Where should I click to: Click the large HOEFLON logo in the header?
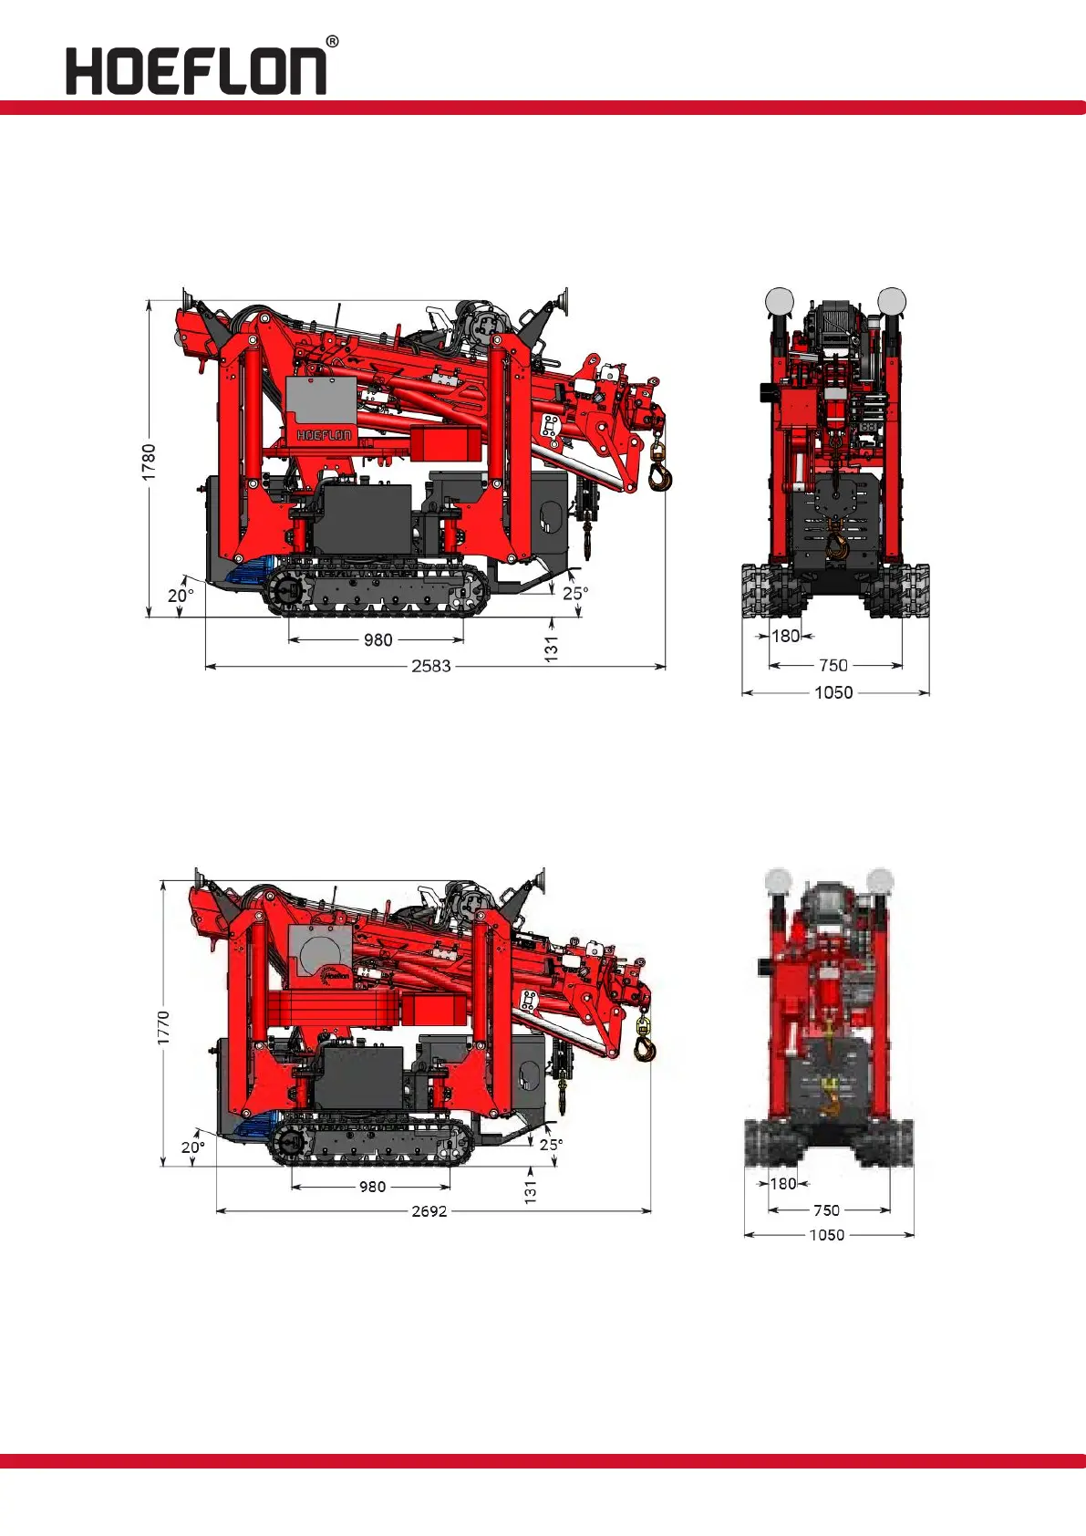point(196,70)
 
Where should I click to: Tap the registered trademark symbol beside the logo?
point(332,42)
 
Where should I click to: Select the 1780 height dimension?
point(149,462)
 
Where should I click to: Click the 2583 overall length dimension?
point(431,666)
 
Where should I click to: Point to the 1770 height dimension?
point(163,1027)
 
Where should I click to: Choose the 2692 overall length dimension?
point(429,1211)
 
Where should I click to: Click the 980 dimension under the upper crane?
point(378,639)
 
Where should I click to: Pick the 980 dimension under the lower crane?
point(372,1187)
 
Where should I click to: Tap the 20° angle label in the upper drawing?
point(181,596)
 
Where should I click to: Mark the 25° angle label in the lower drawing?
point(552,1145)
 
